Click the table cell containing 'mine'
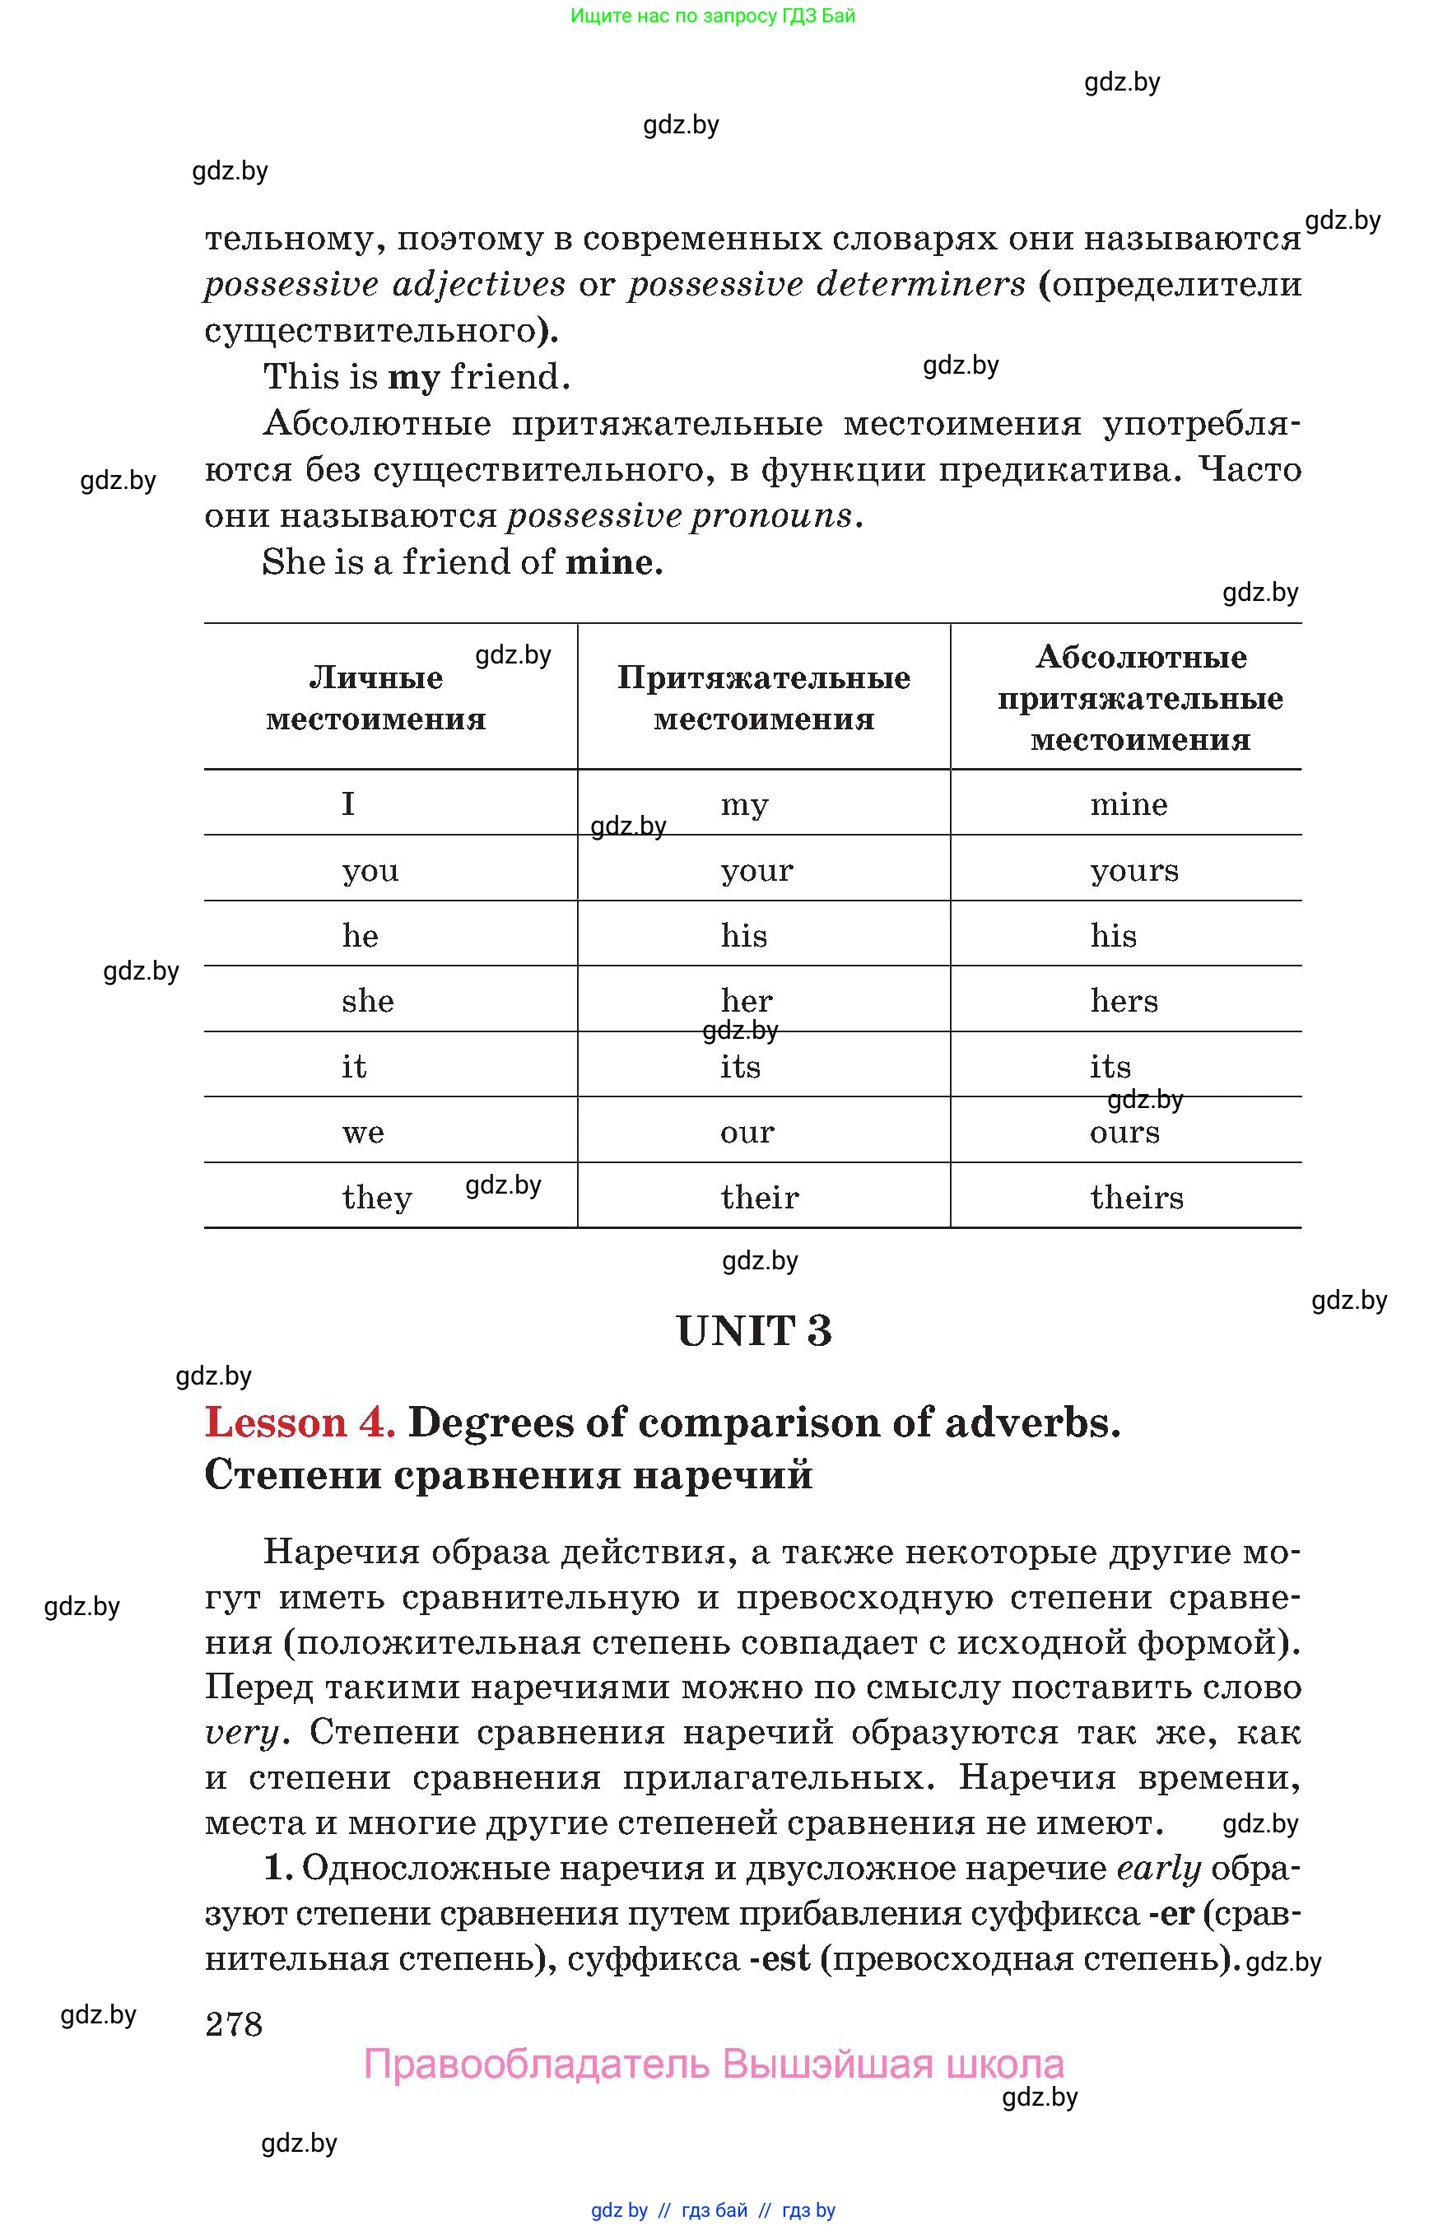click(x=1128, y=803)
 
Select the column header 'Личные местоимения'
click(x=376, y=698)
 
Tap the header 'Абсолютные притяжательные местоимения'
click(x=1140, y=698)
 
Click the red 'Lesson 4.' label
click(x=300, y=1422)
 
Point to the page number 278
click(x=234, y=2023)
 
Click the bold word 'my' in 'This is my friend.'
click(x=413, y=378)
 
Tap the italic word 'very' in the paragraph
click(x=241, y=1733)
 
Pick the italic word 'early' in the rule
click(x=1158, y=1868)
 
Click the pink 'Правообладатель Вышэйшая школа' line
click(x=714, y=2065)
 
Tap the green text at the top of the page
click(x=713, y=16)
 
